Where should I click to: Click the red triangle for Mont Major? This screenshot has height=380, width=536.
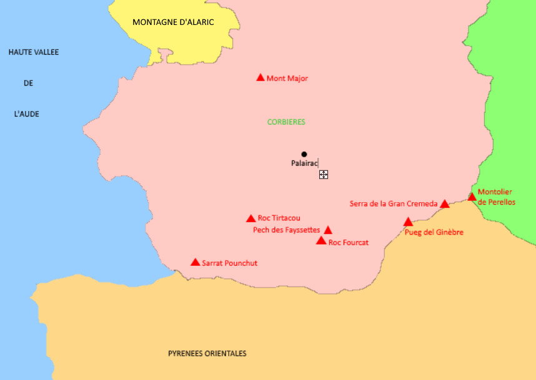click(261, 77)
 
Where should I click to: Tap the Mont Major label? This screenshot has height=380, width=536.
click(287, 79)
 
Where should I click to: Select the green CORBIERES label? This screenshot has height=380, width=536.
click(286, 122)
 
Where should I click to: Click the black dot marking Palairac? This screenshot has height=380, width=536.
click(304, 154)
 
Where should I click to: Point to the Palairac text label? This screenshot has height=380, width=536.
click(304, 163)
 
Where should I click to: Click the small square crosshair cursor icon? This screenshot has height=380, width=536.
click(324, 175)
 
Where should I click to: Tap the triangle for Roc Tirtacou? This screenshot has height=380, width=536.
click(251, 218)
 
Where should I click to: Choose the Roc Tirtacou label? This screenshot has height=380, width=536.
click(279, 218)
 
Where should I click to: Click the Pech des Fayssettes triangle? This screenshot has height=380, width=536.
click(328, 230)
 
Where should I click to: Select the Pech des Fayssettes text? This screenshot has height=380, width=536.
click(286, 230)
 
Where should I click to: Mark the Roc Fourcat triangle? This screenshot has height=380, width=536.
click(321, 241)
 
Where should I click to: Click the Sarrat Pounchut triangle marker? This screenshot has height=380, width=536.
click(196, 263)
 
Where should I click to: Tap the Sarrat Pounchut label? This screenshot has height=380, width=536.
click(229, 263)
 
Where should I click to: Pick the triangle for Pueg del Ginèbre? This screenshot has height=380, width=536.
click(408, 222)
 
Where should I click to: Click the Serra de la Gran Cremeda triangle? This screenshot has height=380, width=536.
click(445, 204)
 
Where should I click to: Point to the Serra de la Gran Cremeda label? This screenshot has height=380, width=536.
click(394, 204)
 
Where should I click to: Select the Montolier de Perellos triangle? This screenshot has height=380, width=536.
click(472, 197)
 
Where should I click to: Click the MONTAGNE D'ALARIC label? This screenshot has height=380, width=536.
click(173, 22)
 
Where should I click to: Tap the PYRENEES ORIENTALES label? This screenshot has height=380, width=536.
click(207, 354)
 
